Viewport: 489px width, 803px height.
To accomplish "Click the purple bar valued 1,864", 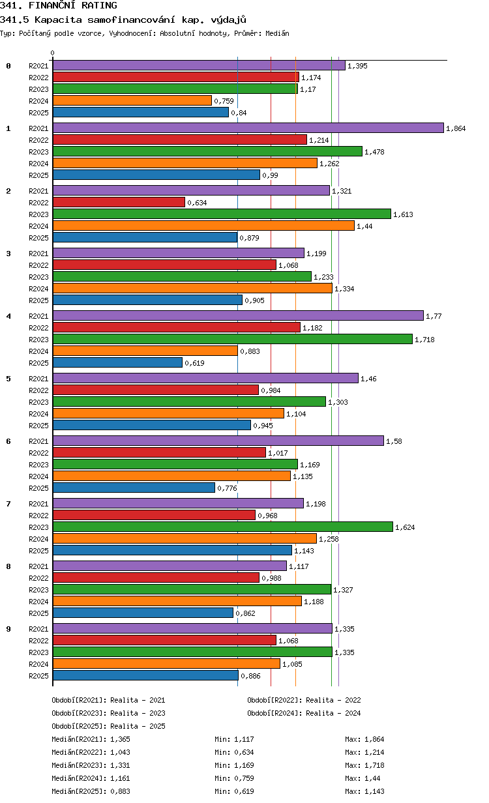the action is tap(248, 128).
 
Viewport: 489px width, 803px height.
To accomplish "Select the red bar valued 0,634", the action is tap(119, 202).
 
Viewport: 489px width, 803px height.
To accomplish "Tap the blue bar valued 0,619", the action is tap(117, 362).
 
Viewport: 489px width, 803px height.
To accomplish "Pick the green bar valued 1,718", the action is tap(233, 339).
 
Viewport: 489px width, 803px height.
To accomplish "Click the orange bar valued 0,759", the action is tap(132, 101).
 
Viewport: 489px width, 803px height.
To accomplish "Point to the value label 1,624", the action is tap(405, 527).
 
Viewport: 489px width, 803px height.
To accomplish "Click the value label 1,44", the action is tap(364, 226).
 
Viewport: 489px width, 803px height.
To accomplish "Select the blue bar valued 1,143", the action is tap(172, 550).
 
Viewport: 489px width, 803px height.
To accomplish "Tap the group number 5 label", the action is tap(8, 379).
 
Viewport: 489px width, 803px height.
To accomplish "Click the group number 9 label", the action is tap(8, 629).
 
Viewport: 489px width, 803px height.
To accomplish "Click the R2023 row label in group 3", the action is tap(38, 277).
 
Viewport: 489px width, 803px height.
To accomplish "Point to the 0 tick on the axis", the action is tap(52, 53).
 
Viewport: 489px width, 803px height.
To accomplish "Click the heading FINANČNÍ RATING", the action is tap(73, 5).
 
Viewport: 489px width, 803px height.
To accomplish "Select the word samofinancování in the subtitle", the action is tap(131, 20).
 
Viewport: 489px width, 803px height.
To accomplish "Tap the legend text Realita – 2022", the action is tap(333, 700).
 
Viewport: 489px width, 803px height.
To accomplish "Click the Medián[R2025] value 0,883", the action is tap(120, 791).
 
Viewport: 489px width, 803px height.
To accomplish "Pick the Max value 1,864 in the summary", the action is tap(374, 739).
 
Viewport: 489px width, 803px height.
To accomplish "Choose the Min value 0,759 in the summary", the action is tap(244, 778).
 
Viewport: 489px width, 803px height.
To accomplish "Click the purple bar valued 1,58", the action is tap(218, 441).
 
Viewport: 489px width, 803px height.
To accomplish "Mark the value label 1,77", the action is tap(434, 316).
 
